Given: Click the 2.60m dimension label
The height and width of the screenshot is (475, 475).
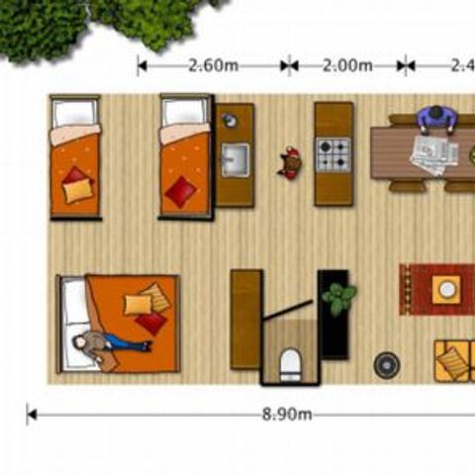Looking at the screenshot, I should pyautogui.click(x=213, y=66).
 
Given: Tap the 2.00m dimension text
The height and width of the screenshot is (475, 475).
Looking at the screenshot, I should pyautogui.click(x=347, y=66).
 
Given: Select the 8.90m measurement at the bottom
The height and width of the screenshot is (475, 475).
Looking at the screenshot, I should pyautogui.click(x=287, y=415).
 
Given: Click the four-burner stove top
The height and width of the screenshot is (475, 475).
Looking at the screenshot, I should pyautogui.click(x=333, y=153).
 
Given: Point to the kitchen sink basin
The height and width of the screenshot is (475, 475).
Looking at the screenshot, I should pyautogui.click(x=235, y=158).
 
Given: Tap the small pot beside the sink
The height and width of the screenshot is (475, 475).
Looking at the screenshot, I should pyautogui.click(x=230, y=121).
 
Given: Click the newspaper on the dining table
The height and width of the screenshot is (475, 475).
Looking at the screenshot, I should pyautogui.click(x=431, y=154).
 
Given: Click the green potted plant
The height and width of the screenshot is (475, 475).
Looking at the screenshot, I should pyautogui.click(x=338, y=297).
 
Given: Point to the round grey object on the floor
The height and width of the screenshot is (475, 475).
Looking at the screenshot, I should pyautogui.click(x=387, y=364).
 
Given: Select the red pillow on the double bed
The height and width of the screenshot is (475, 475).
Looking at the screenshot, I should pyautogui.click(x=150, y=323).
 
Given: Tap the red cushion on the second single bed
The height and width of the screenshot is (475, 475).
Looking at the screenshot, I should pyautogui.click(x=181, y=191).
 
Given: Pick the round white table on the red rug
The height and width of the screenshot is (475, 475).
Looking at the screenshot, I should pyautogui.click(x=447, y=289).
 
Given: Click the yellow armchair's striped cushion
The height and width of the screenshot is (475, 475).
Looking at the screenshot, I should pyautogui.click(x=451, y=363).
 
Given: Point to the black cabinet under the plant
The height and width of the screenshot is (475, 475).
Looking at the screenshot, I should pyautogui.click(x=333, y=332).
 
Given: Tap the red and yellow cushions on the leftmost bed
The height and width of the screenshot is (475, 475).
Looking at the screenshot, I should pyautogui.click(x=77, y=185).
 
